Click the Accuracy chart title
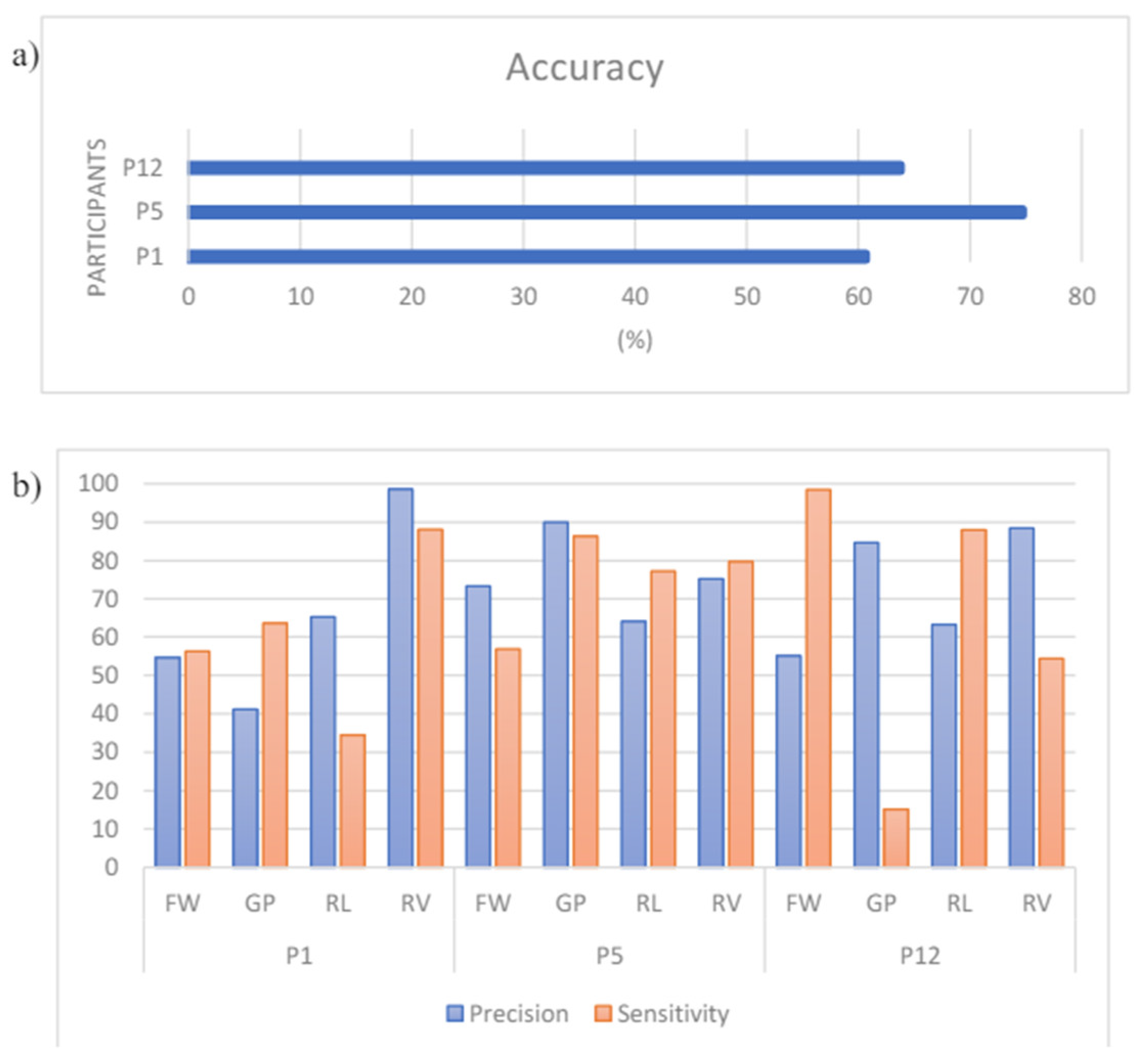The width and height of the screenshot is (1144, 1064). (x=584, y=68)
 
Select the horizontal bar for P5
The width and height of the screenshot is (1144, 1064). (x=607, y=212)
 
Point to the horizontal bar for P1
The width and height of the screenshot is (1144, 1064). (x=528, y=257)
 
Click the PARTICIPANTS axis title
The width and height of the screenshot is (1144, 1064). (x=97, y=217)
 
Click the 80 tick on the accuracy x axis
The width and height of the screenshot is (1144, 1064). (x=1081, y=297)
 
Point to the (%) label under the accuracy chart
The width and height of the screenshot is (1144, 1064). (x=635, y=340)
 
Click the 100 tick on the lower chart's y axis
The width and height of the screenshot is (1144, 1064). (x=98, y=483)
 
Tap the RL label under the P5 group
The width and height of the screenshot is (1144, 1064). (x=648, y=903)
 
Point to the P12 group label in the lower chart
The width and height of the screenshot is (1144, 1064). (x=919, y=956)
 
